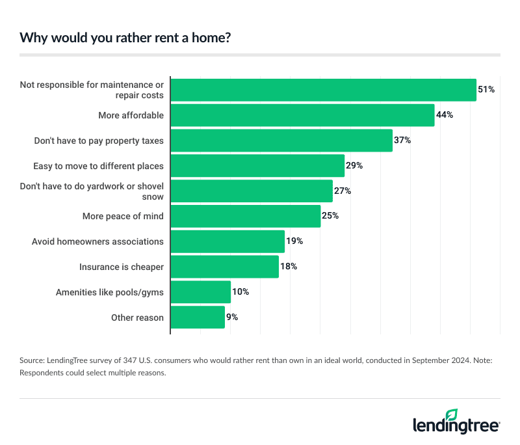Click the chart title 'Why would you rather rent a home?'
(125, 37)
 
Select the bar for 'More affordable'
(302, 115)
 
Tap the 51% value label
(486, 89)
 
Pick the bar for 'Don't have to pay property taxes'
(281, 141)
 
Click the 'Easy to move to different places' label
(99, 166)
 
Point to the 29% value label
(354, 166)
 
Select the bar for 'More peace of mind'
(246, 216)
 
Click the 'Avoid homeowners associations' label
(97, 241)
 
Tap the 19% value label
(294, 241)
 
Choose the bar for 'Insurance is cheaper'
(225, 267)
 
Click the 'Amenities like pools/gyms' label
(110, 292)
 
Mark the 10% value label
(240, 292)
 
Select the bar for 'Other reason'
(198, 317)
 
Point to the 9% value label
(232, 317)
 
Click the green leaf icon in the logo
(452, 414)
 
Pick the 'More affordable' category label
(131, 115)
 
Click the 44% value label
(445, 115)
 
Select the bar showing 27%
(252, 191)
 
